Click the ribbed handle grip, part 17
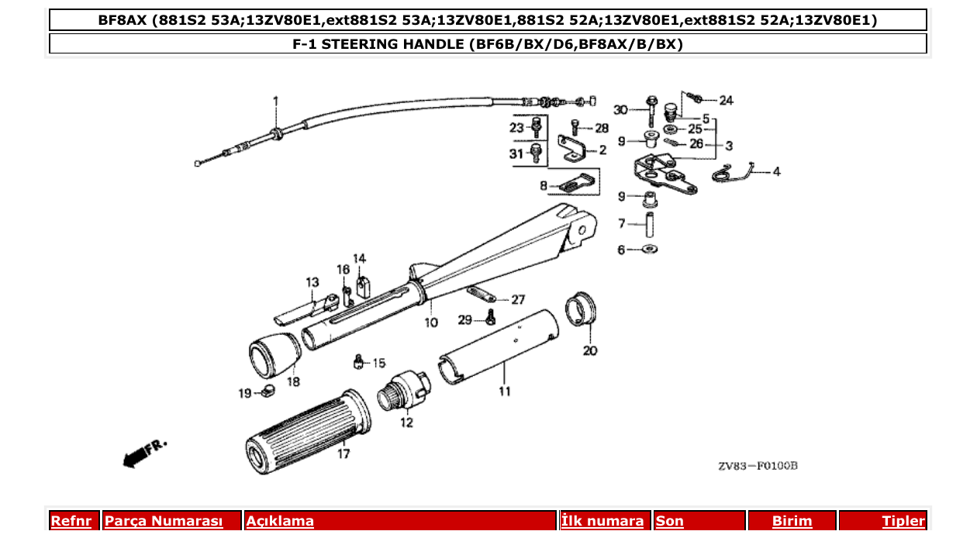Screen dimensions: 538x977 [x=306, y=432]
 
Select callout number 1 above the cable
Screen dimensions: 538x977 [x=274, y=101]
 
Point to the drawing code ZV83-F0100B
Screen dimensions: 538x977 [x=757, y=466]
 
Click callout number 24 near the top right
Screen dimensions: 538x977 [x=725, y=101]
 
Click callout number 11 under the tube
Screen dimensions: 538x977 [x=505, y=391]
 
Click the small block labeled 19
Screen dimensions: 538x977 [x=268, y=391]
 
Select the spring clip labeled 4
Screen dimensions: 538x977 [x=732, y=174]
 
